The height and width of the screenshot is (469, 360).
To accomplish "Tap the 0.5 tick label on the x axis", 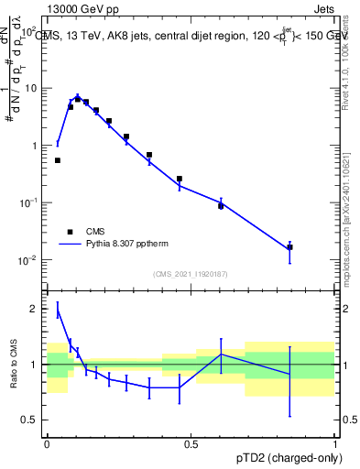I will point(191,443).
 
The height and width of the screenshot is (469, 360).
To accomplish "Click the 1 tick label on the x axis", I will point(334,443).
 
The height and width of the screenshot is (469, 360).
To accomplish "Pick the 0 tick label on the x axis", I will point(47,443).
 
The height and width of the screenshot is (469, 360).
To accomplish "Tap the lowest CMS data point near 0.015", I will point(289,247).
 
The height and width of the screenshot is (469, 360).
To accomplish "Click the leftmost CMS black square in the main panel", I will point(58,160).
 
